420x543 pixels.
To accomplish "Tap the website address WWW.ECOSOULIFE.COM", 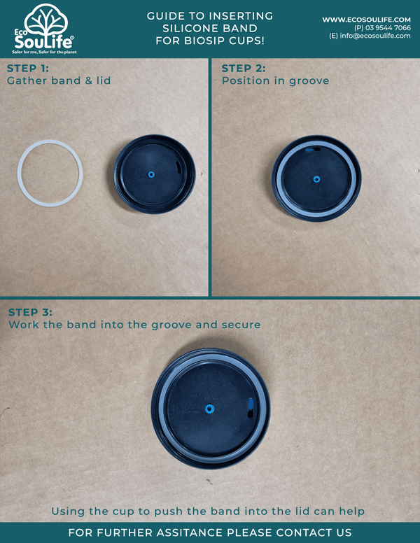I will pos(366,19).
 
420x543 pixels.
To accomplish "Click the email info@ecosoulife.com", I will pos(370,36).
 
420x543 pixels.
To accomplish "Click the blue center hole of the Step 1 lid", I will pos(150,172).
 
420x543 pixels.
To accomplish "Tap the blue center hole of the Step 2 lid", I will pos(316,179).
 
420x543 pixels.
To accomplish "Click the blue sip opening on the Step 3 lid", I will pos(251,404).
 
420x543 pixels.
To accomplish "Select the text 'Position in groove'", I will pos(275,80).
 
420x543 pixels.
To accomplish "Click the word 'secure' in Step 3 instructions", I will pos(239,325).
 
